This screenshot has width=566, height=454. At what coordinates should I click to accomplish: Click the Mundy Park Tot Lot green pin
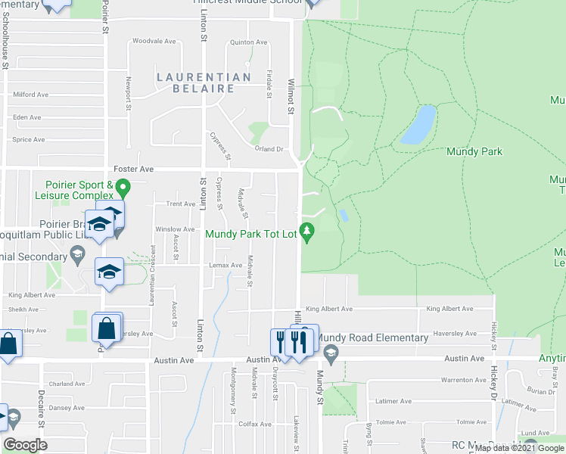[x=306, y=231]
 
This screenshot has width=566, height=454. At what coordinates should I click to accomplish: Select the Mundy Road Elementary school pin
[x=331, y=353]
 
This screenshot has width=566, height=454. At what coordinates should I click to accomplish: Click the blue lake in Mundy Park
[x=418, y=125]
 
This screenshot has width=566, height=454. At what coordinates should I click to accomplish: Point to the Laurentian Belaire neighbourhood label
[x=204, y=82]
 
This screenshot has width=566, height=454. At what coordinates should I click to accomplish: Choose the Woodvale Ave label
[x=154, y=41]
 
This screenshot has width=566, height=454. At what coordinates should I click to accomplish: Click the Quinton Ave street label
[x=245, y=43]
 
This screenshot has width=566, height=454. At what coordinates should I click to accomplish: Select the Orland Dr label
[x=268, y=149]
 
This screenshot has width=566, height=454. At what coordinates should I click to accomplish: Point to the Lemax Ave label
[x=225, y=266]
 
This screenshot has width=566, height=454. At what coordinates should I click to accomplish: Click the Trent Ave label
[x=181, y=204]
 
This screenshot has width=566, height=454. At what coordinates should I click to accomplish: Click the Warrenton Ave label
[x=462, y=379]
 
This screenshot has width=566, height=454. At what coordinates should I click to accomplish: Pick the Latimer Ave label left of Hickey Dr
[x=394, y=400]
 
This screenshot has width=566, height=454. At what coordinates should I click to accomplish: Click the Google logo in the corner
[x=25, y=445]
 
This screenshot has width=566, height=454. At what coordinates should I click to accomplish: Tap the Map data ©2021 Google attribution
[x=519, y=448]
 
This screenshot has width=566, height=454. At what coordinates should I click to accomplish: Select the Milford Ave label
[x=30, y=95]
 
